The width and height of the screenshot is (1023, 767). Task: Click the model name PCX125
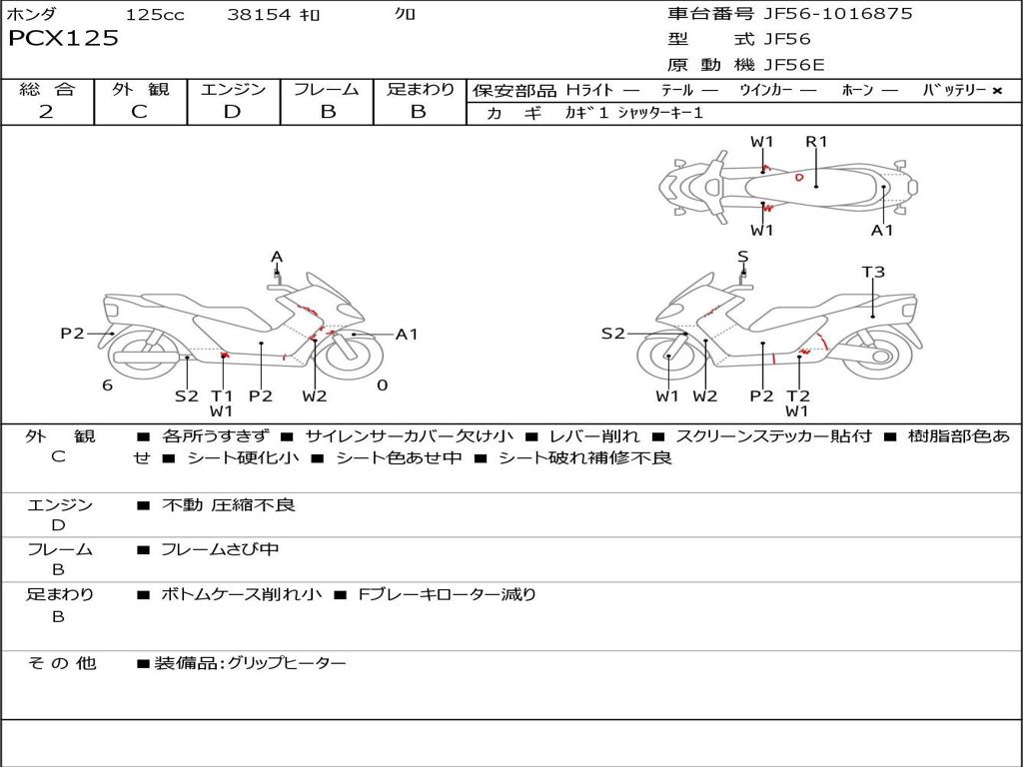tap(63, 39)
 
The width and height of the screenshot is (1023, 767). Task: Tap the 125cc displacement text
tap(155, 15)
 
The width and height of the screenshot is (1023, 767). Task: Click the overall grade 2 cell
tap(46, 112)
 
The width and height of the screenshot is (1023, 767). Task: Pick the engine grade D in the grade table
tap(232, 112)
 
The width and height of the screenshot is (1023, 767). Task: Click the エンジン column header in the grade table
tap(233, 90)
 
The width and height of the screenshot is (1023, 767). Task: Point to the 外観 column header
tap(139, 90)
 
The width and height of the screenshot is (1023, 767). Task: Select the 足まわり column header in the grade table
tap(420, 90)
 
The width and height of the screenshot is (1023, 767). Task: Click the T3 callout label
tap(873, 272)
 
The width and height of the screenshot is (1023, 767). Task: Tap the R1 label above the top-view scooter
tap(817, 142)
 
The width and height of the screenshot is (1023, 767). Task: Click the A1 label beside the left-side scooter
tap(407, 335)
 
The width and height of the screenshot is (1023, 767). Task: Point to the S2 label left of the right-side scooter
tap(612, 335)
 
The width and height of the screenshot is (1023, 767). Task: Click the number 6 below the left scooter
tap(107, 385)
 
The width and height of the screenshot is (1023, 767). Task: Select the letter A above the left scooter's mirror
tap(277, 258)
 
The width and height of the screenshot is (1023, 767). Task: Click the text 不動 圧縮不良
tap(228, 505)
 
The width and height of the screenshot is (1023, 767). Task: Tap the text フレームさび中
tap(220, 549)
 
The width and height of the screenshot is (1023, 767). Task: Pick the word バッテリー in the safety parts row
tap(954, 90)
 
